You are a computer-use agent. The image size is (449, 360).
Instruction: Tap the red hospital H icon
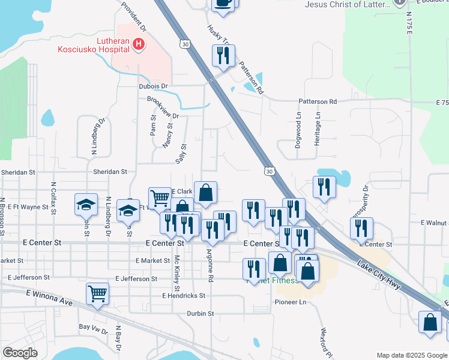pos(139,44)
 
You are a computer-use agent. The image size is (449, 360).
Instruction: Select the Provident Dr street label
pos(133,16)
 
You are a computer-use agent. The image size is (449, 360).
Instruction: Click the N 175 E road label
pos(409,21)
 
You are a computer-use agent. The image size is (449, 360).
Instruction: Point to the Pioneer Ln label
pos(291,302)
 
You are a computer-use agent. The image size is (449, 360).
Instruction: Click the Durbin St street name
pos(200,313)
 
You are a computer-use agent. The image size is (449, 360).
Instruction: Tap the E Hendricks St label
pos(184,296)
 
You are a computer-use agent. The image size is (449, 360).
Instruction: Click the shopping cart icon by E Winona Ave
pos(97,294)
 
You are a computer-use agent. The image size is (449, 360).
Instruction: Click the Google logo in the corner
pos(20,353)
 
